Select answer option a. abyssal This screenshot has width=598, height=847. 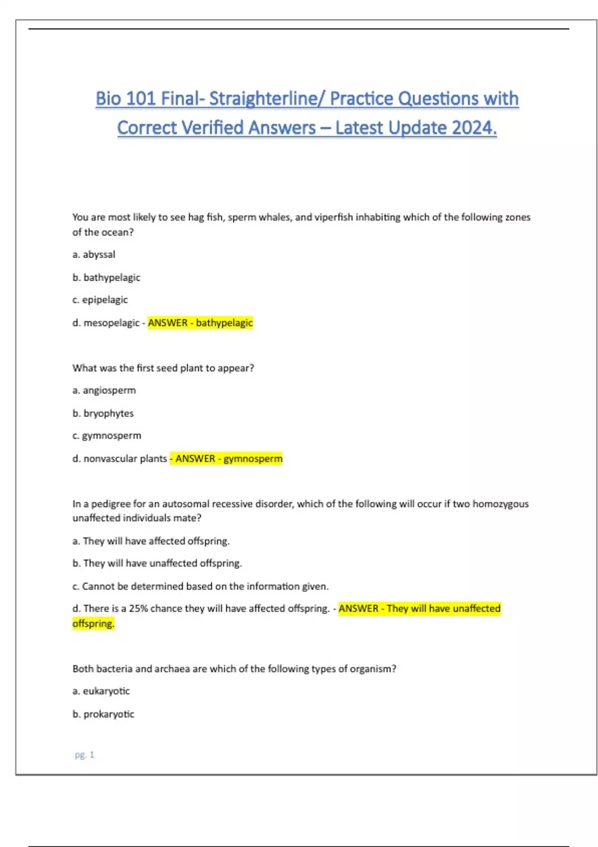(x=94, y=255)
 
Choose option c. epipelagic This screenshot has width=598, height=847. (x=100, y=300)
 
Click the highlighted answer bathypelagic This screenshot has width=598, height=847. (x=224, y=323)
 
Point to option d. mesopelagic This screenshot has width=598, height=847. (x=106, y=323)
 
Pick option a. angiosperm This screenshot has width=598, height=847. (x=104, y=391)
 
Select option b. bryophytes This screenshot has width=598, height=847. (x=103, y=414)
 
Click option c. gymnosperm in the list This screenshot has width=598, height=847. (x=107, y=436)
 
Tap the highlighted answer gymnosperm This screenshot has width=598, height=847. (x=253, y=459)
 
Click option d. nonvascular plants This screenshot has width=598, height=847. (x=120, y=459)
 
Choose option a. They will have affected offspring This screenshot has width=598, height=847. (x=151, y=541)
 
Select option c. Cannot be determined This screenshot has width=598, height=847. (x=200, y=586)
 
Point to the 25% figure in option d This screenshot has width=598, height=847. (x=139, y=609)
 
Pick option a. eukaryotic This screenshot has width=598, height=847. (x=101, y=692)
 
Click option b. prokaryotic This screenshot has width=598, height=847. (x=104, y=714)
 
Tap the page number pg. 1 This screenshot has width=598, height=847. (x=84, y=755)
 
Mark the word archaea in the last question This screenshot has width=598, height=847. (x=172, y=669)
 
